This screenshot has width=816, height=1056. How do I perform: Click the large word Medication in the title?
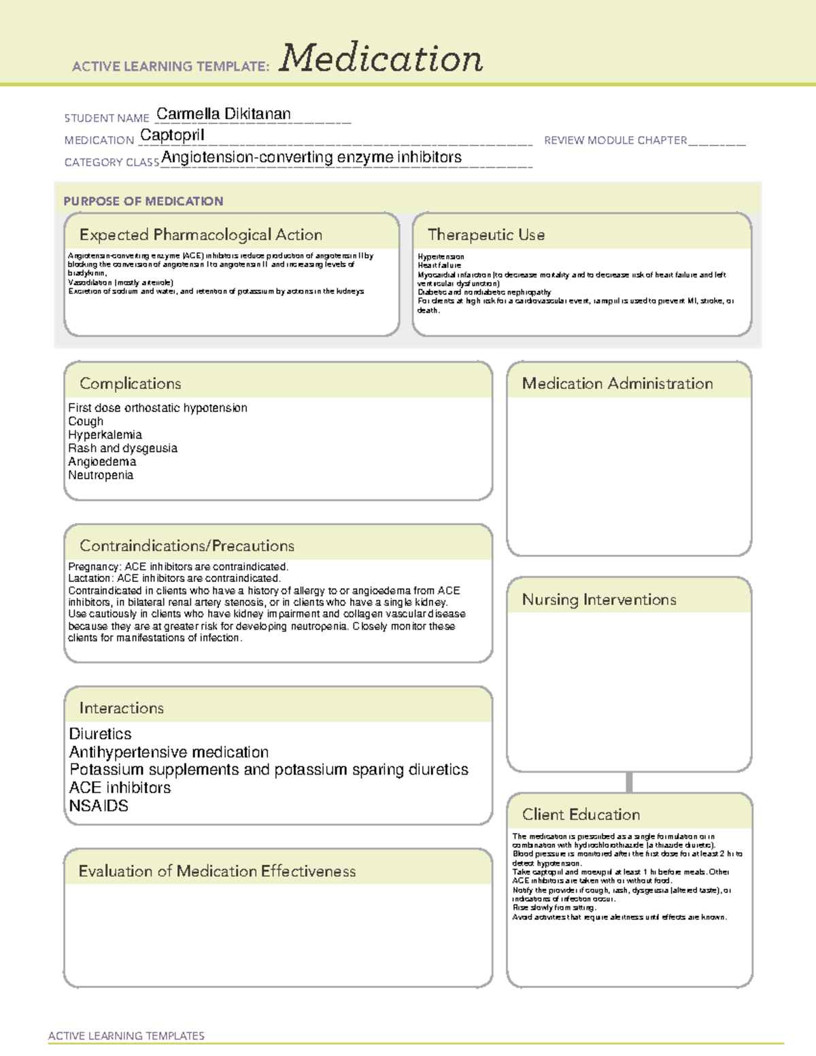[x=381, y=58]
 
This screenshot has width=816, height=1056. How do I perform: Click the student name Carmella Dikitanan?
[x=223, y=114]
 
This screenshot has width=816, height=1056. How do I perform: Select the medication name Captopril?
[x=172, y=135]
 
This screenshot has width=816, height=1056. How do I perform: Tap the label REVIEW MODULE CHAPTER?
[x=615, y=140]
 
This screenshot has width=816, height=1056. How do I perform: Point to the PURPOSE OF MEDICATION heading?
[x=143, y=201]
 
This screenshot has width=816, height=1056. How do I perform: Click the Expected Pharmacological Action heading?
[x=201, y=235]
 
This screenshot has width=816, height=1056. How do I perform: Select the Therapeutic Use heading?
[x=486, y=235]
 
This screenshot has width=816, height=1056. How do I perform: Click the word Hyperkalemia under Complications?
[x=105, y=435]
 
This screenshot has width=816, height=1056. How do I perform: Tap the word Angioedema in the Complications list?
[x=102, y=462]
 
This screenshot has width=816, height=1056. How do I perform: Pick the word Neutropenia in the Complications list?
[x=101, y=475]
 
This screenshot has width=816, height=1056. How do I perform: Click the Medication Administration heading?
[x=617, y=384]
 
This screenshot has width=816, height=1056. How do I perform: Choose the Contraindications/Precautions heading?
[x=187, y=545]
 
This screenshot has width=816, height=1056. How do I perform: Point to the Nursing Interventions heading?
[x=599, y=600]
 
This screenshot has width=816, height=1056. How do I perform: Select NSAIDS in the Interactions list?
[x=99, y=806]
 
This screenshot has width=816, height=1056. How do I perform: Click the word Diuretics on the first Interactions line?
[x=100, y=734]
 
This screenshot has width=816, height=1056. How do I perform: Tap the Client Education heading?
[x=581, y=815]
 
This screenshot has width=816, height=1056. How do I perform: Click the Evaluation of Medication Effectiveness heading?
[x=217, y=871]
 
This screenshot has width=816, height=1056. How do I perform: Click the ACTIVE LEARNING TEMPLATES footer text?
[x=126, y=1036]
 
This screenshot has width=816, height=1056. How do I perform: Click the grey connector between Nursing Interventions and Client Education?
[x=629, y=782]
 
